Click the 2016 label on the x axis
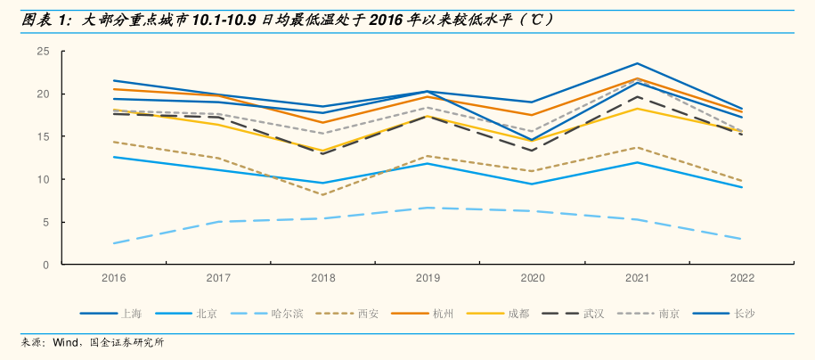click(x=113, y=278)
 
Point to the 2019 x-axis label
click(x=428, y=278)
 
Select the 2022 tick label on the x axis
click(x=742, y=278)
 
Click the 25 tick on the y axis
click(x=42, y=52)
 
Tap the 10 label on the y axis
click(x=42, y=180)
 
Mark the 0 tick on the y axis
click(x=45, y=266)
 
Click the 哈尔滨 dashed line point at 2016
click(x=113, y=243)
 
